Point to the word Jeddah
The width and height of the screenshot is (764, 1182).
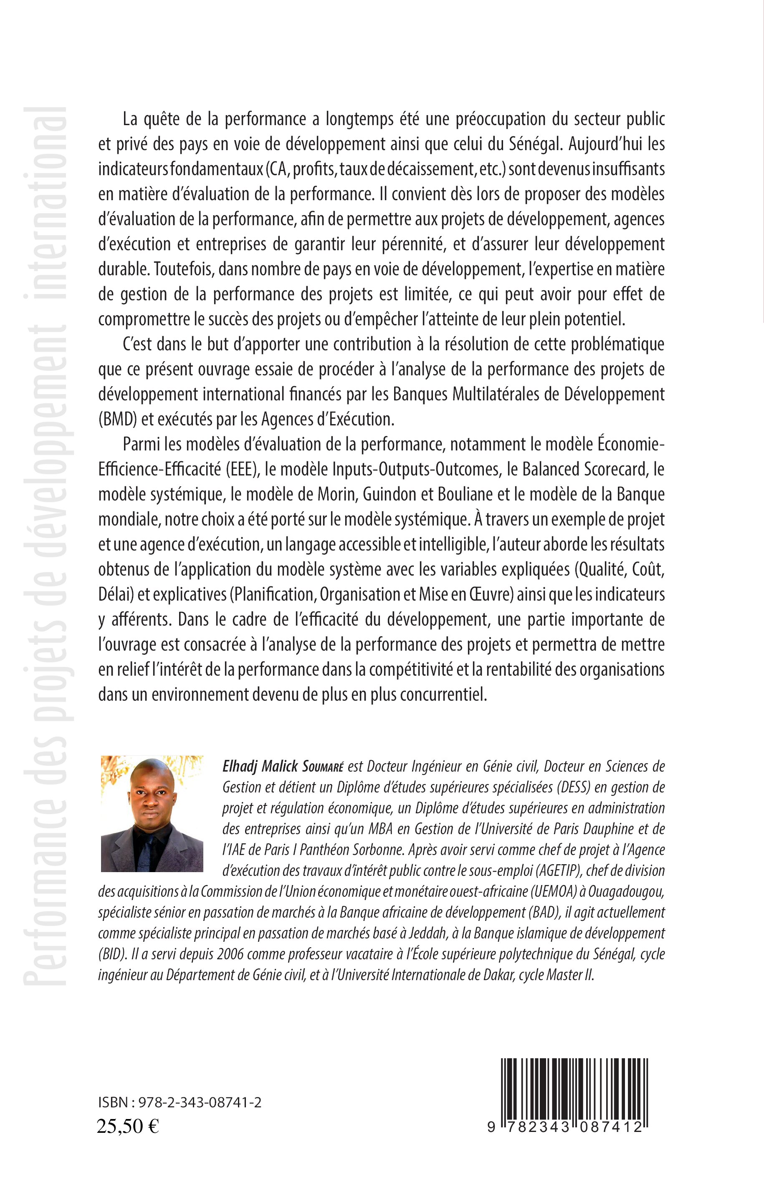coord(421,933)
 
